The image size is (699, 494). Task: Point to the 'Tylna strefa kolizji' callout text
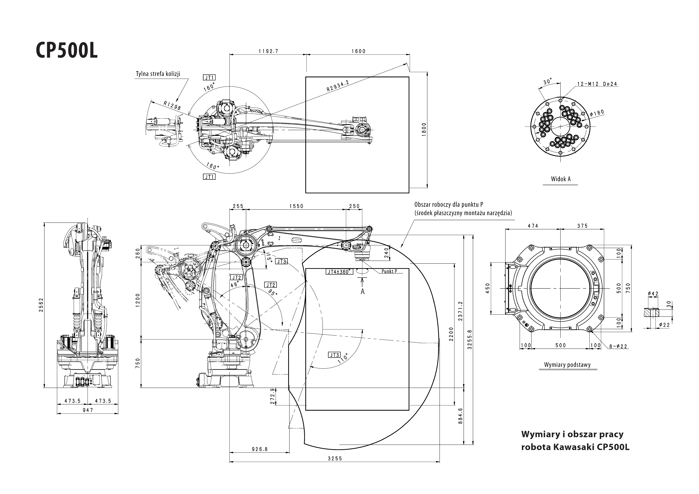pos(158,74)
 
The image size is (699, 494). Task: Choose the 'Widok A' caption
pos(560,179)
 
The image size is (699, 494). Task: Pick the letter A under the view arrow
pos(363,291)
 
